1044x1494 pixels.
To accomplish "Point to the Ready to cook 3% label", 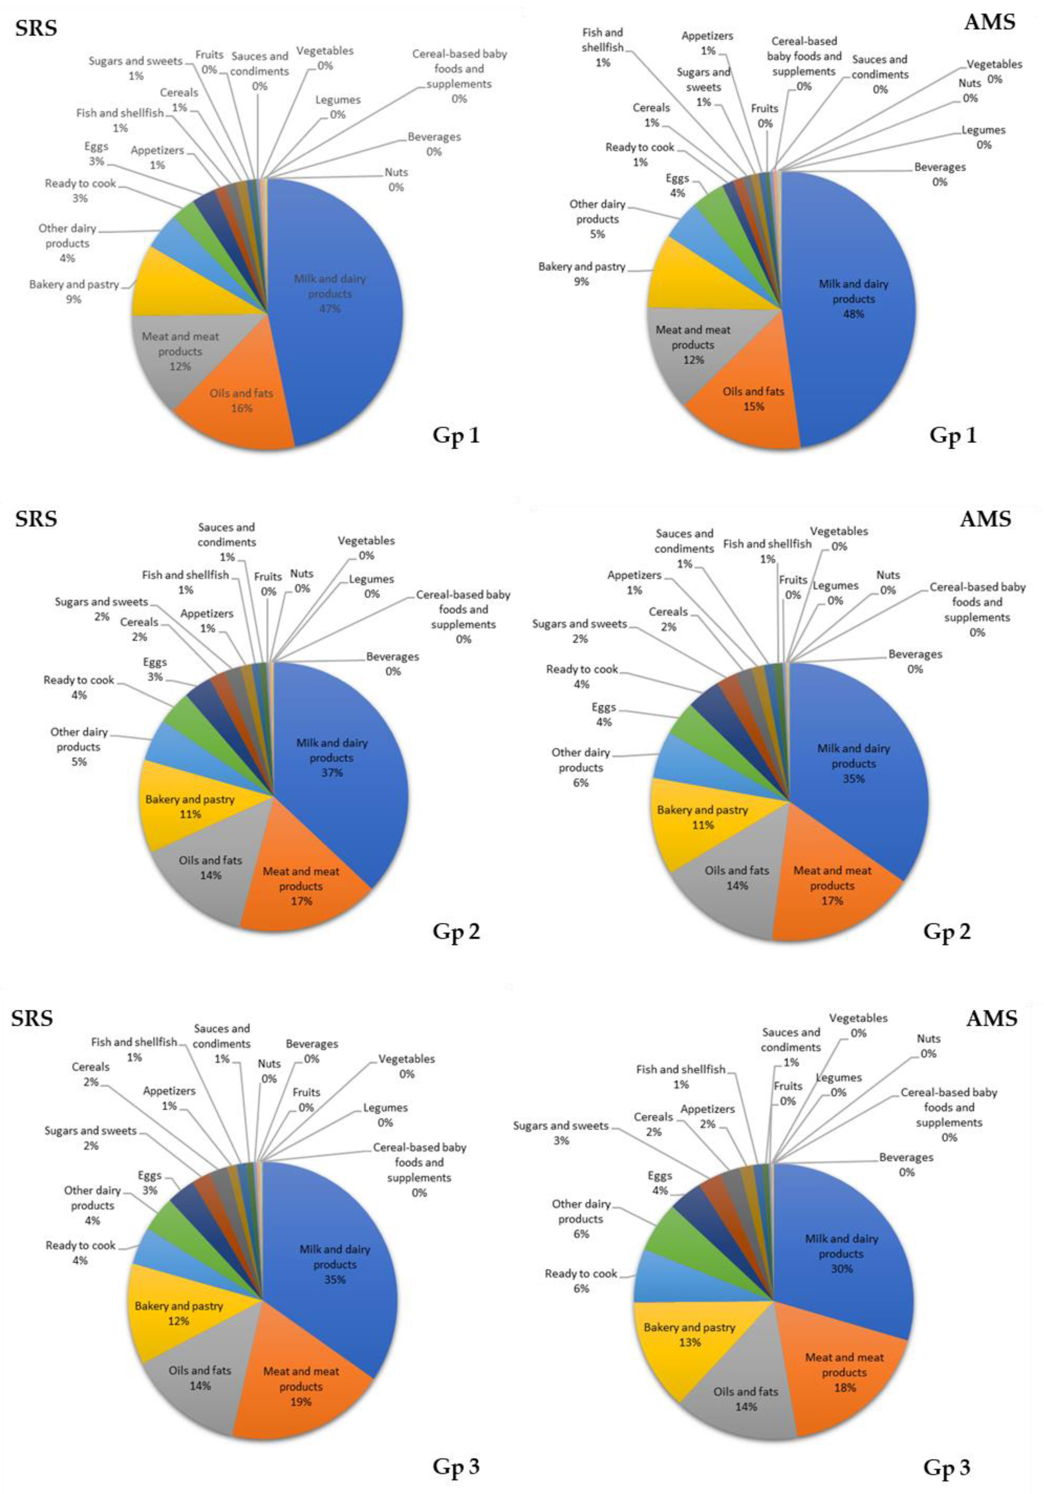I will pos(80,191).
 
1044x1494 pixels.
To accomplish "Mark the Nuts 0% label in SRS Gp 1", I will pos(396,180).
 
